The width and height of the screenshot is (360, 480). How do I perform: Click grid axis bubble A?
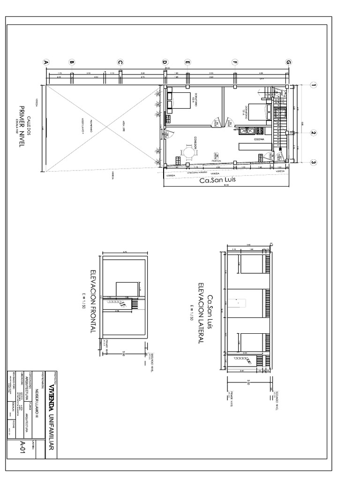[46, 62]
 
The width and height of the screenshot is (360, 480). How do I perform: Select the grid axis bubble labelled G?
[288, 62]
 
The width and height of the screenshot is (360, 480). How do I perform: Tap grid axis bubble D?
[165, 62]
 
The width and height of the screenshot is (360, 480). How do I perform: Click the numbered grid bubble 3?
[313, 163]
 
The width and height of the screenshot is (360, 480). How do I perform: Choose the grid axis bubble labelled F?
[235, 62]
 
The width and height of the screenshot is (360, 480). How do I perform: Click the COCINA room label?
[259, 139]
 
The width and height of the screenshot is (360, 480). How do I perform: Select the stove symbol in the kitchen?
[247, 131]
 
